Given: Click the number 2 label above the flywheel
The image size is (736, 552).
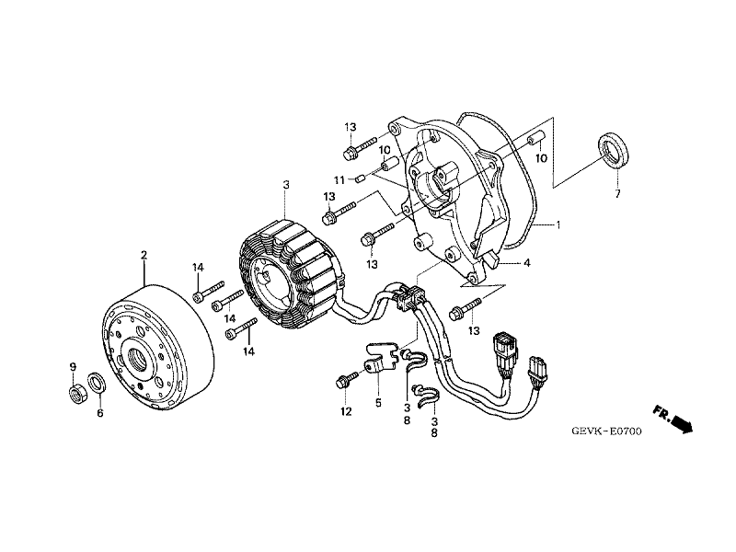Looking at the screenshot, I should coord(144,253).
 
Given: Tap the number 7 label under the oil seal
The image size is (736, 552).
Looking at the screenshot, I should coord(617,195).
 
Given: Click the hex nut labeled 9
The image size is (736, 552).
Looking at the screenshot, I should coord(76,395).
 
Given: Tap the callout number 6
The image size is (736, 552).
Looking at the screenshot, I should coord(100,413).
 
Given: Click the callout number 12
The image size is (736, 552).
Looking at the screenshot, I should coord(346,412).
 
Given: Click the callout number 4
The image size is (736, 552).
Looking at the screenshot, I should coord(527,263).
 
